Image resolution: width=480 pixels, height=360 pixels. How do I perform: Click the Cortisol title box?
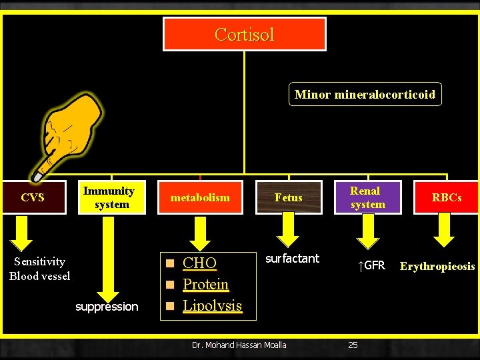coord(245,34)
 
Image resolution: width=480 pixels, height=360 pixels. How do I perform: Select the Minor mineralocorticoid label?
coord(365,94)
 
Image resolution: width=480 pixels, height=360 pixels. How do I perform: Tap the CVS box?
coord(33,197)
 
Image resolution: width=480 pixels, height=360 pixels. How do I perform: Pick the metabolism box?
coord(200,197)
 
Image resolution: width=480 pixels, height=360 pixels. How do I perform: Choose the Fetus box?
coord(288,197)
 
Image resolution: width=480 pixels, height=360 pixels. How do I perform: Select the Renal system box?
coord(367,197)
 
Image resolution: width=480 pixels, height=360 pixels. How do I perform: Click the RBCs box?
coord(446,197)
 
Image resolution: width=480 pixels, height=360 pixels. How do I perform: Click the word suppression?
coord(107,307)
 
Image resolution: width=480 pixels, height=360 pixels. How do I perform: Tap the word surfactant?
coord(292,258)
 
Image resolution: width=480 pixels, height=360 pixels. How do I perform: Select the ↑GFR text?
coord(371,266)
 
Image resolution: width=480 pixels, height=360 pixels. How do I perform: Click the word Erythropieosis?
coord(437,267)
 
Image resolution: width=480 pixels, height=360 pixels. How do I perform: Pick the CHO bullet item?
coord(199,263)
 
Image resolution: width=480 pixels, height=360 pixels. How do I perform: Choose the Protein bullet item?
coord(205,284)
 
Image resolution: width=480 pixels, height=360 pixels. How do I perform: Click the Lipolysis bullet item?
coord(212,305)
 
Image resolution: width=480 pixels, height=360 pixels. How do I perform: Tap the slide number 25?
coord(353,345)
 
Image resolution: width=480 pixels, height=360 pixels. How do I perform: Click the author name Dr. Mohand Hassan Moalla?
coord(239,345)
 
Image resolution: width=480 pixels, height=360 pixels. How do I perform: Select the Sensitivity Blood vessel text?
coord(40,269)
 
